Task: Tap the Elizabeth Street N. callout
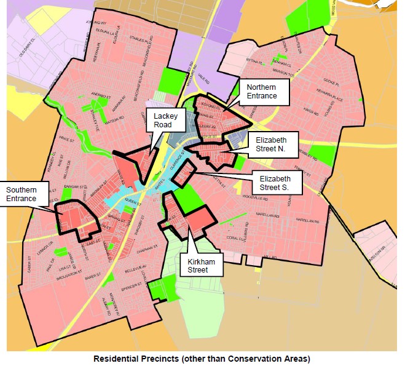point(275,146)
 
